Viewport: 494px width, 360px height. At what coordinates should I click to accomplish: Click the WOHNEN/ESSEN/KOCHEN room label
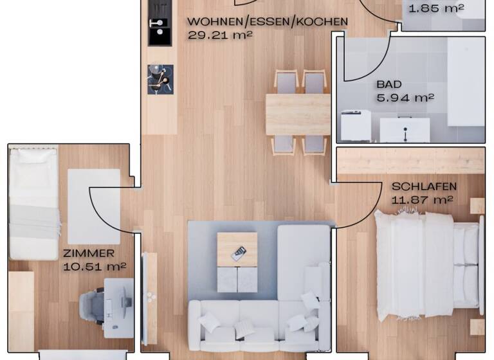(x=267, y=21)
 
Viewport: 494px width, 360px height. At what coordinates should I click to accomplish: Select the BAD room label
(x=389, y=84)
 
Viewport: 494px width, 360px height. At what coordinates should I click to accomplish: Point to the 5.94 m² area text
(x=405, y=98)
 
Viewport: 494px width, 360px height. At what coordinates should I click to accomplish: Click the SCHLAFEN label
(x=424, y=186)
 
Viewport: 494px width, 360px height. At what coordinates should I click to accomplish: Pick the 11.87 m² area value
(x=422, y=199)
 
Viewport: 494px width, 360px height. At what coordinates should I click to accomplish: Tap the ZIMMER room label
(x=89, y=253)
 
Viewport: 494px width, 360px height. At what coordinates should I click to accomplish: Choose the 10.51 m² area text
(x=95, y=266)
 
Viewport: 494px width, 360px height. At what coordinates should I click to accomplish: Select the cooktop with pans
(x=160, y=79)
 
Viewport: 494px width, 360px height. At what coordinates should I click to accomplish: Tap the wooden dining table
(x=298, y=114)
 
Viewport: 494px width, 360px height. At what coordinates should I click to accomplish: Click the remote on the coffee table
(x=238, y=253)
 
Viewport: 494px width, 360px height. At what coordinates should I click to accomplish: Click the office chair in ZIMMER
(x=92, y=305)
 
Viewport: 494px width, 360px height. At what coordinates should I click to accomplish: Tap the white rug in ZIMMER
(x=94, y=206)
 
